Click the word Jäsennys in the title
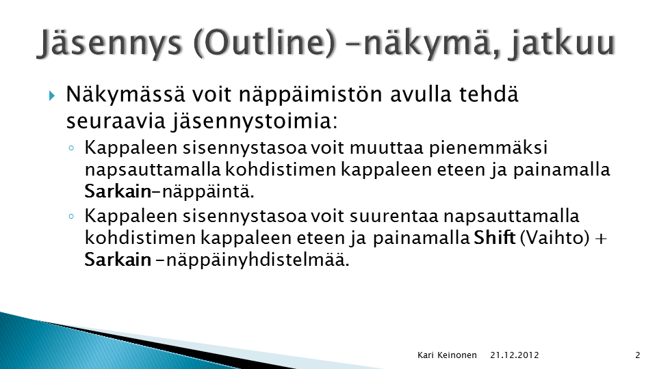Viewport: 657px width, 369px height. (111, 44)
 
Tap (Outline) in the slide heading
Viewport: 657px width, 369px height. (266, 43)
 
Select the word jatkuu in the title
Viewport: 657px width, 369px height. (562, 44)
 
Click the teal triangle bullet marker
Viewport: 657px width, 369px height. (52, 96)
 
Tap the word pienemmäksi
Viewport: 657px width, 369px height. (488, 148)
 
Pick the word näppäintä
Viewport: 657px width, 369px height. (208, 192)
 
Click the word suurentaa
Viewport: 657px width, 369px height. (394, 217)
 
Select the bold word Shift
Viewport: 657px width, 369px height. (494, 238)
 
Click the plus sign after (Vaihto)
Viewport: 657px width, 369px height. (601, 238)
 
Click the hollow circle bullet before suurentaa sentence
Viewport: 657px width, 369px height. (71, 217)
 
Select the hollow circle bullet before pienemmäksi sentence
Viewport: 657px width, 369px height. (71, 148)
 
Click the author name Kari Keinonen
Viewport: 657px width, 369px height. (447, 355)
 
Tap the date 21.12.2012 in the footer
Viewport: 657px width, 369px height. (515, 355)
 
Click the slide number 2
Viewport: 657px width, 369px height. (638, 355)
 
